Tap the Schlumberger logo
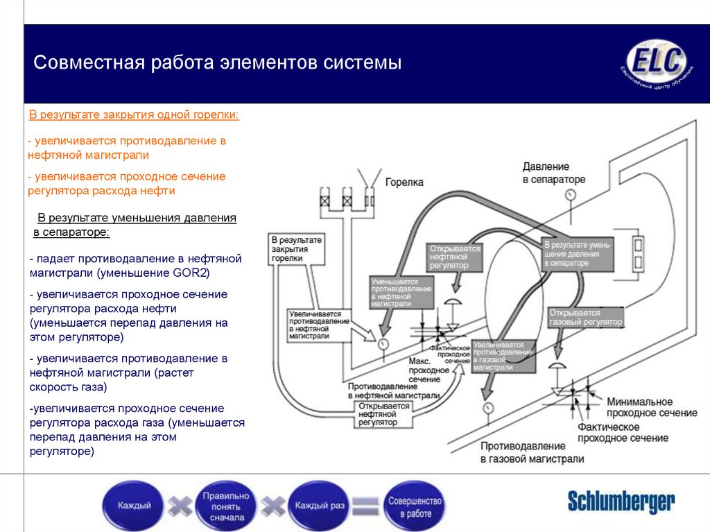click(621, 501)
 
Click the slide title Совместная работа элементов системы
click(218, 64)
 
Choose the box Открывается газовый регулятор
click(585, 318)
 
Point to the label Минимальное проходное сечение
click(651, 408)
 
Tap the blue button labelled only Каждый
click(134, 506)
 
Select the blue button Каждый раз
click(320, 506)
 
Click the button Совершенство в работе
click(414, 506)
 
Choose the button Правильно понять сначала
click(225, 506)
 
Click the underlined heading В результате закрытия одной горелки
click(133, 114)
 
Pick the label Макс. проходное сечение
click(424, 370)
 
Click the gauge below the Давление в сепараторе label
click(571, 196)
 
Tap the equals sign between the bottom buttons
click(366, 506)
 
